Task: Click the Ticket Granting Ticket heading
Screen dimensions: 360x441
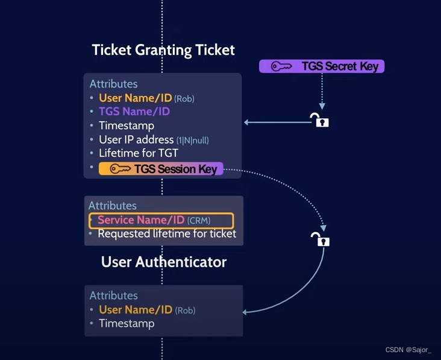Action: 163,49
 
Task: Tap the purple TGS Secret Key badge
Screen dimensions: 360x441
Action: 322,66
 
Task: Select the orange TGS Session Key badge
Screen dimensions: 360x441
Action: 161,169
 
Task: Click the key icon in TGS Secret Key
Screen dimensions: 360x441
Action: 281,66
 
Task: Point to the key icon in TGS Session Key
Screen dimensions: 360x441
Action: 120,169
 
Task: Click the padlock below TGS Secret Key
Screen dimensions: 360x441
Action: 319,120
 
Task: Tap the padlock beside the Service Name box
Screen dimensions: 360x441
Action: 321,239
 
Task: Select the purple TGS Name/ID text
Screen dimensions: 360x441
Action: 134,112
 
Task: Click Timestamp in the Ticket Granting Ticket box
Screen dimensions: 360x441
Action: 127,125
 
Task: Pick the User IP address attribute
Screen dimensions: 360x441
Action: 154,139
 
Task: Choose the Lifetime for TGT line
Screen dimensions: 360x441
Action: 139,153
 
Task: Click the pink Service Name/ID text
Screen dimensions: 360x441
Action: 141,220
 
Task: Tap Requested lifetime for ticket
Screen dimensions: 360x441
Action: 167,233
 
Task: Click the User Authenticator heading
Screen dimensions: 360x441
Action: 164,262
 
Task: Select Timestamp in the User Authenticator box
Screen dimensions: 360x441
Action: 127,323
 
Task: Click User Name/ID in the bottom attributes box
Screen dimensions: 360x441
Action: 136,309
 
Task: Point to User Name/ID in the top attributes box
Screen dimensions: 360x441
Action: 136,98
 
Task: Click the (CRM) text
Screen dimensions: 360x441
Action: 199,221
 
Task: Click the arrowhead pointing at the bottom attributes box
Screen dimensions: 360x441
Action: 246,312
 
